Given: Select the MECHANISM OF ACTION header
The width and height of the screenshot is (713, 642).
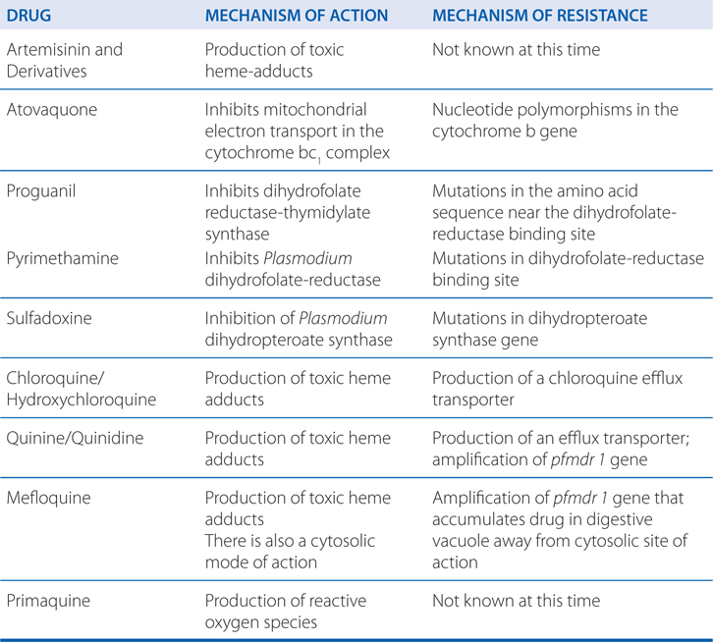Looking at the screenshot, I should point(297,17).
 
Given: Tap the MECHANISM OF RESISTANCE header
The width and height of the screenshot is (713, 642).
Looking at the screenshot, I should point(539,17).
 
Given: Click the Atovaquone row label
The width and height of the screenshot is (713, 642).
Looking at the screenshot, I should point(53,110).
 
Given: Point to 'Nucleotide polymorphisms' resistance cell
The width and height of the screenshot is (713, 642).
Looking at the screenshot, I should point(555,119).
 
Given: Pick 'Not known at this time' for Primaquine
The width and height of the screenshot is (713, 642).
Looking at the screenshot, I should point(516,601).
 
